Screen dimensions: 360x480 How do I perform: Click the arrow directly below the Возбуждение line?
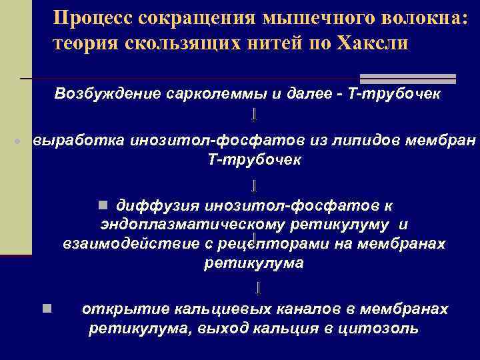coord(254,117)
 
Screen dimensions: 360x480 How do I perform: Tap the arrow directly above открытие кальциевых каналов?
coord(257,288)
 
